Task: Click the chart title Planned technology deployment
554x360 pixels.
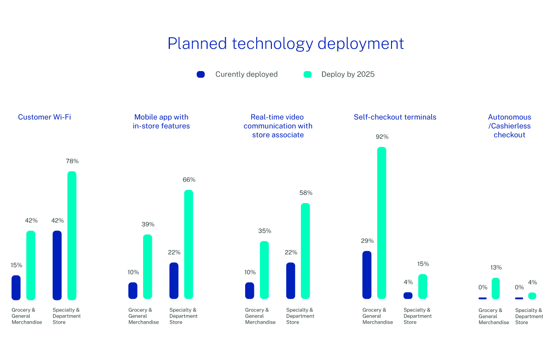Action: click(x=285, y=43)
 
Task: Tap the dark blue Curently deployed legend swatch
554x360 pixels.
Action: click(x=201, y=74)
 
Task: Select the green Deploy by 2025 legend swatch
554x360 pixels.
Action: click(x=307, y=74)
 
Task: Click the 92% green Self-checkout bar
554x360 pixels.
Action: click(x=381, y=222)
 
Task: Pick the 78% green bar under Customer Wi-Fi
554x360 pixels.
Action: click(x=72, y=235)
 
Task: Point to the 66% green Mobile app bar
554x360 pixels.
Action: click(x=188, y=244)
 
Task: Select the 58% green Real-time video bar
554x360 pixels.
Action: click(x=305, y=251)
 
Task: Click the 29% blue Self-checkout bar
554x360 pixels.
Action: click(x=367, y=275)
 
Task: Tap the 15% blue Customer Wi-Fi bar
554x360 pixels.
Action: click(x=16, y=288)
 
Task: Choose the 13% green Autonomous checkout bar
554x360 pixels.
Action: click(x=496, y=288)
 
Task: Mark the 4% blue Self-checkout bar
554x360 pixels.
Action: click(x=408, y=295)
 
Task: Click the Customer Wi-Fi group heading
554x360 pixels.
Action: click(x=44, y=117)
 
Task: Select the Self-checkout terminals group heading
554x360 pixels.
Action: click(x=395, y=117)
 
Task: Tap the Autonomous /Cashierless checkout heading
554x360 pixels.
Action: click(x=509, y=126)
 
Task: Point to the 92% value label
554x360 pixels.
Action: click(x=382, y=137)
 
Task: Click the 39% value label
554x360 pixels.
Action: click(x=148, y=225)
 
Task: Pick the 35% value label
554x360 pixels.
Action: click(x=265, y=231)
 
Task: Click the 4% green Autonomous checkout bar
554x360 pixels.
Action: click(x=532, y=296)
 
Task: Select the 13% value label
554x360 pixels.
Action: click(x=496, y=268)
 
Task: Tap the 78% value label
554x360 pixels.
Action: click(x=72, y=162)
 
